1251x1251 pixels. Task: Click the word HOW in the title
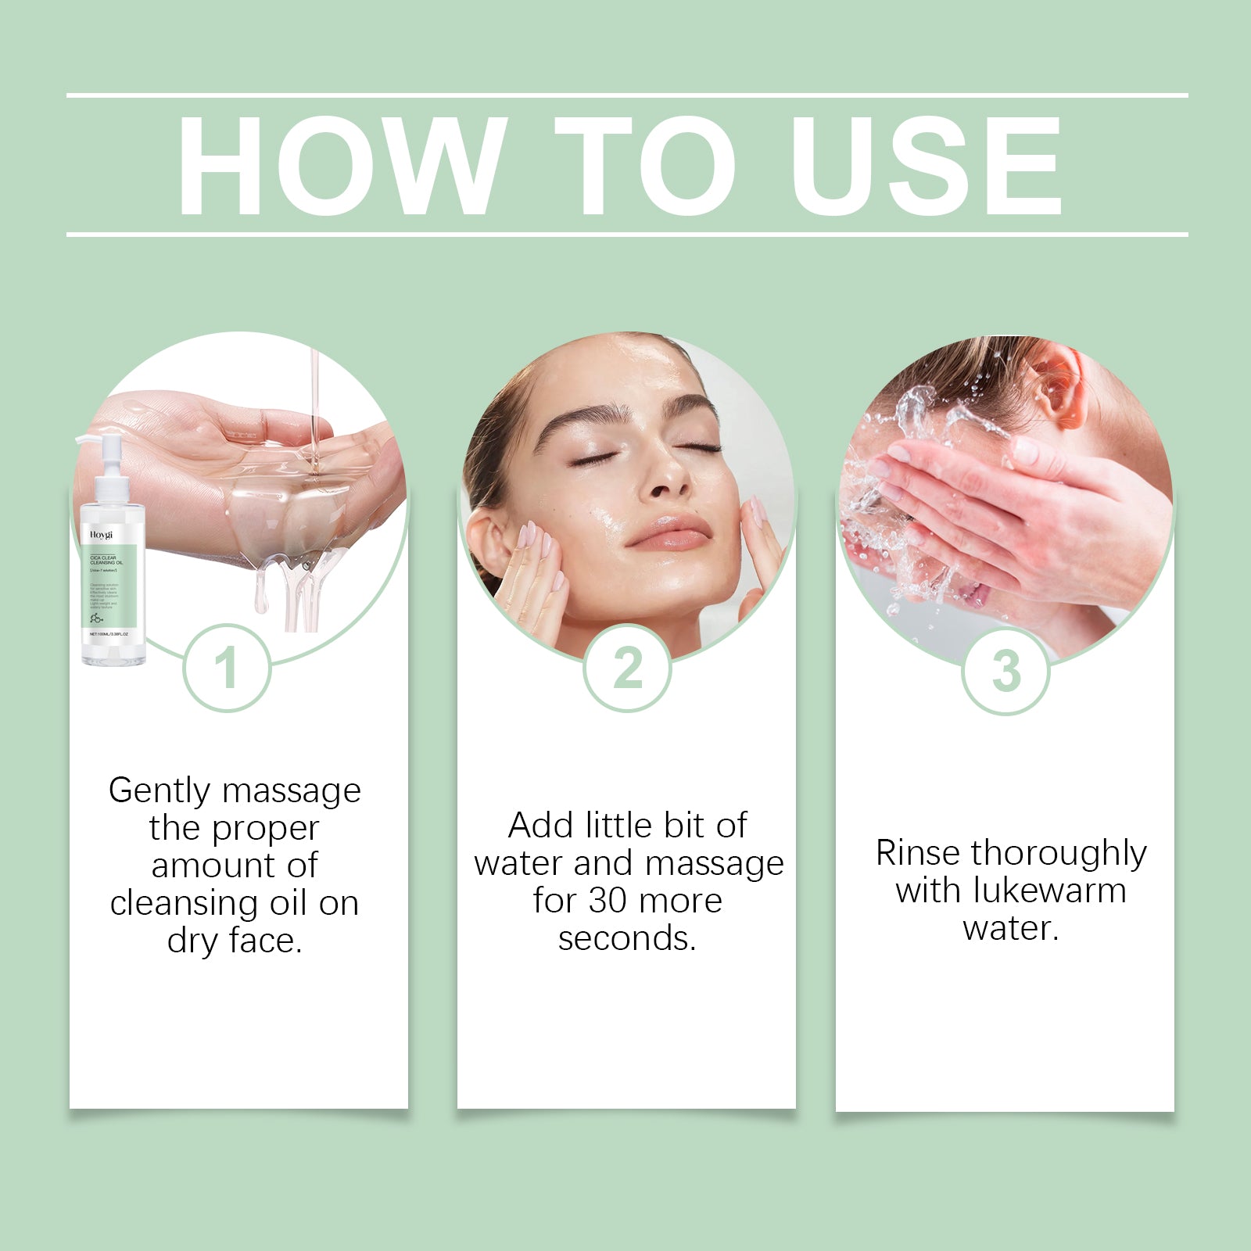pyautogui.click(x=338, y=166)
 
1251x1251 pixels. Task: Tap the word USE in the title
pyautogui.click(x=927, y=166)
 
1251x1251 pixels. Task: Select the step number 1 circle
pyautogui.click(x=227, y=669)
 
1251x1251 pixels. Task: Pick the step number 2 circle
pyautogui.click(x=627, y=669)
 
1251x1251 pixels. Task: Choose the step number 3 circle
pyautogui.click(x=1005, y=671)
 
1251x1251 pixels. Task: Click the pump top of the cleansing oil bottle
pyautogui.click(x=109, y=453)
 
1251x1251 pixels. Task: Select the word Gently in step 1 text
pyautogui.click(x=160, y=791)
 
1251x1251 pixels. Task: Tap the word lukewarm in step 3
pyautogui.click(x=1048, y=891)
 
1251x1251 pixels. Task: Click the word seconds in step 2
pyautogui.click(x=626, y=938)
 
